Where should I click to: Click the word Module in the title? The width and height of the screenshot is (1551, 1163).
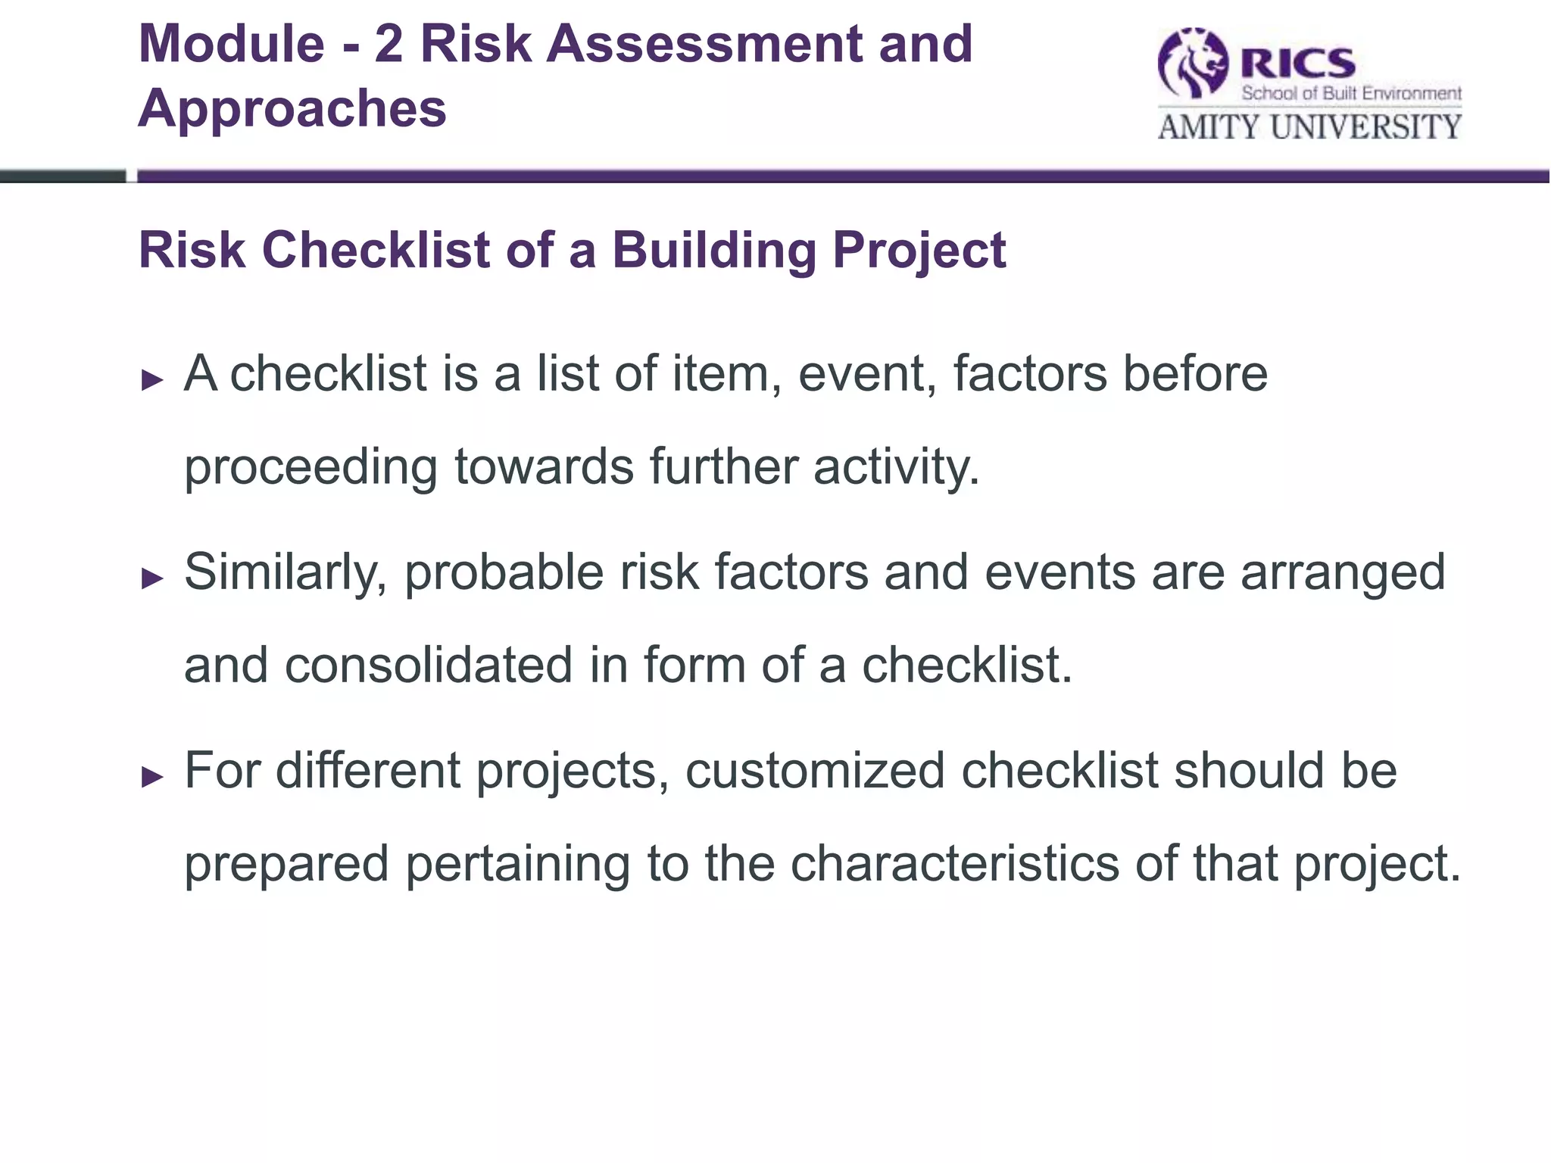[231, 44]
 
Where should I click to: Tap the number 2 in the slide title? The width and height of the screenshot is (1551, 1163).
[389, 44]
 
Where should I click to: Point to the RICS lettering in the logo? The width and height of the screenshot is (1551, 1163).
[1297, 62]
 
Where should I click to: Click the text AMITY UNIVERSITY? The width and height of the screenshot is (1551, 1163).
[1309, 127]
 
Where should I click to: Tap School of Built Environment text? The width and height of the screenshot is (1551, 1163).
[1351, 94]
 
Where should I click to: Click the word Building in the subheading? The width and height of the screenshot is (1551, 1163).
[714, 250]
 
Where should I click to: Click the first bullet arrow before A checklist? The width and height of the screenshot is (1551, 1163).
[153, 380]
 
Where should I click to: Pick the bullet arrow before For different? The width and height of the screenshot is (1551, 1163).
[153, 777]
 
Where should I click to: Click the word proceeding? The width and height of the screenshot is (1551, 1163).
[311, 468]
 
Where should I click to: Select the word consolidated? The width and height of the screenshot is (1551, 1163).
[428, 666]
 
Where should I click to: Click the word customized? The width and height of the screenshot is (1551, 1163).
[815, 771]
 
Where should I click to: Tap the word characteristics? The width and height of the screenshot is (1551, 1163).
[954, 863]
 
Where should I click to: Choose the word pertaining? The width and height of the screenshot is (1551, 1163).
[517, 865]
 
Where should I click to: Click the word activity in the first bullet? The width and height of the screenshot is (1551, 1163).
[897, 468]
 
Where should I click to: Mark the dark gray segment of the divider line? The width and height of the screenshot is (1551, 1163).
[63, 176]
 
